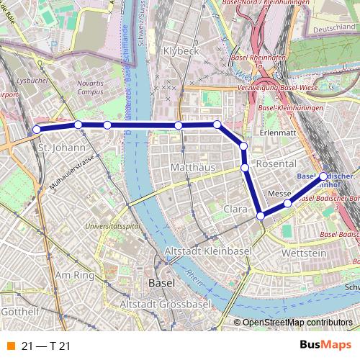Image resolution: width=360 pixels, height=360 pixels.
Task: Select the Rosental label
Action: pyautogui.click(x=271, y=163)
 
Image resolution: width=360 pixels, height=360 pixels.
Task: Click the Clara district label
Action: pyautogui.click(x=235, y=208)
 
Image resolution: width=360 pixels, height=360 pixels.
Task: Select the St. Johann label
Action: pyautogui.click(x=52, y=148)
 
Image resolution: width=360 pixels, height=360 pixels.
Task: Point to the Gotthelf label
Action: pyautogui.click(x=19, y=313)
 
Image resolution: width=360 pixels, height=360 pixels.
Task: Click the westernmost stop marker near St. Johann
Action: pyautogui.click(x=37, y=130)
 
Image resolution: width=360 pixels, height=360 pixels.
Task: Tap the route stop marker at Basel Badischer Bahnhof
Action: pyautogui.click(x=323, y=176)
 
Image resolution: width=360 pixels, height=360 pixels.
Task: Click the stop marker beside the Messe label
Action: pyautogui.click(x=287, y=204)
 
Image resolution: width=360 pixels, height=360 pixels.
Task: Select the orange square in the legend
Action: pyautogui.click(x=11, y=346)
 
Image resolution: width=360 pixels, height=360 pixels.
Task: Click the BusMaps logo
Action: pyautogui.click(x=325, y=346)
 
